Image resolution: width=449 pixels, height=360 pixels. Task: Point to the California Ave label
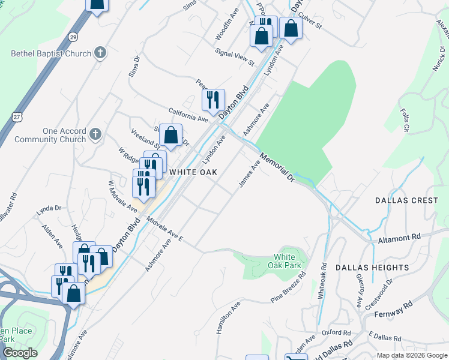[x=188, y=115]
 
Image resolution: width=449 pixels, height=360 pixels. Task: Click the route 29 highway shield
[x=73, y=36]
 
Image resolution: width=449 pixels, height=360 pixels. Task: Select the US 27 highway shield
[x=16, y=114]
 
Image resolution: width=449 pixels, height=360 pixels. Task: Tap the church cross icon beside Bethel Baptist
[x=100, y=53]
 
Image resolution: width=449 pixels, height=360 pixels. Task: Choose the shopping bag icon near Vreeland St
[x=171, y=136]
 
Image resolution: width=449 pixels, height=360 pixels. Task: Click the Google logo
[x=20, y=353]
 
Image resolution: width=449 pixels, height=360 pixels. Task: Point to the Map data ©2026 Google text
[x=411, y=355]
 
